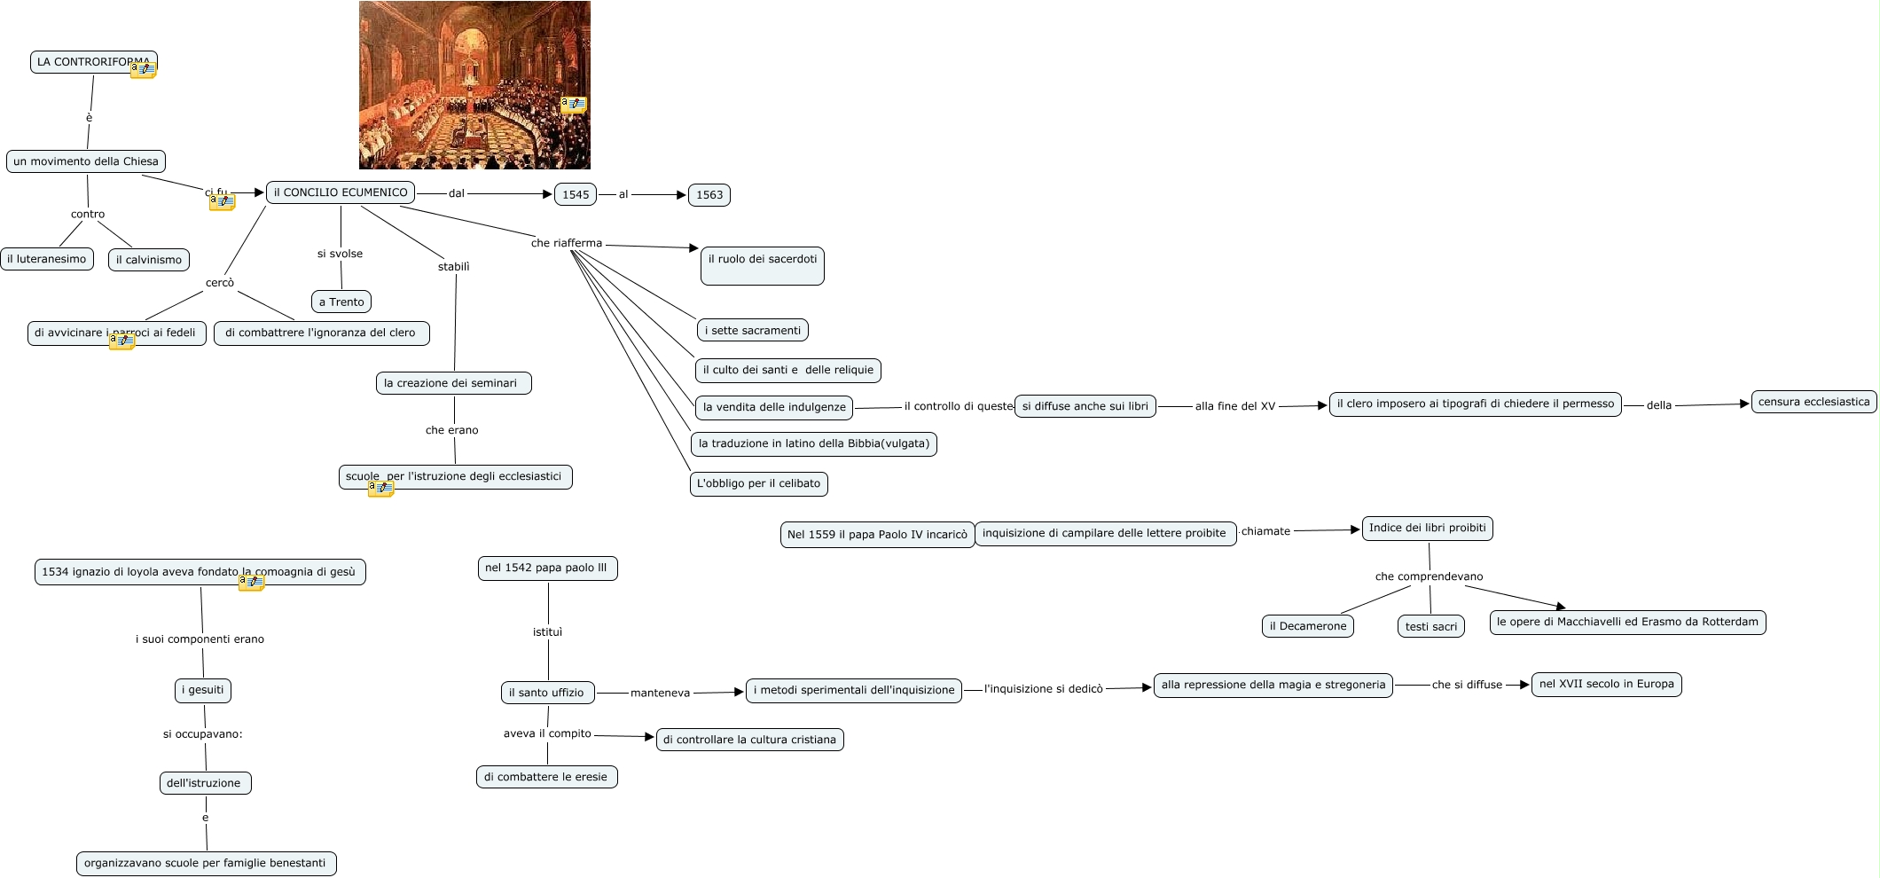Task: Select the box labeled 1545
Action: pos(576,195)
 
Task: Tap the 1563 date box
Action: pos(709,195)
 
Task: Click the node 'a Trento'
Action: pos(341,302)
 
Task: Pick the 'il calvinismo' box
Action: pos(149,260)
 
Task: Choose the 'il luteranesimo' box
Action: pos(47,259)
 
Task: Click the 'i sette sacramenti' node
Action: pos(752,330)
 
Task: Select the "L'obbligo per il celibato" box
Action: pos(758,483)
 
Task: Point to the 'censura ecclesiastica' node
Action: pos(1813,402)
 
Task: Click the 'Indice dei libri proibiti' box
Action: pos(1427,528)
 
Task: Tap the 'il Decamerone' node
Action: pos(1307,626)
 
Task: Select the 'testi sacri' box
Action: pos(1430,626)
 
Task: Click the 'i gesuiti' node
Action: pos(203,690)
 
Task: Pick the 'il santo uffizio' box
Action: pos(546,693)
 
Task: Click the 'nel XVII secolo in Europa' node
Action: pos(1606,684)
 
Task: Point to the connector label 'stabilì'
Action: pos(453,267)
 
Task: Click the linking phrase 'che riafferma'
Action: pos(567,243)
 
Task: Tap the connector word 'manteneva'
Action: pos(660,693)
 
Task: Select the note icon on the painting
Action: pos(575,105)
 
